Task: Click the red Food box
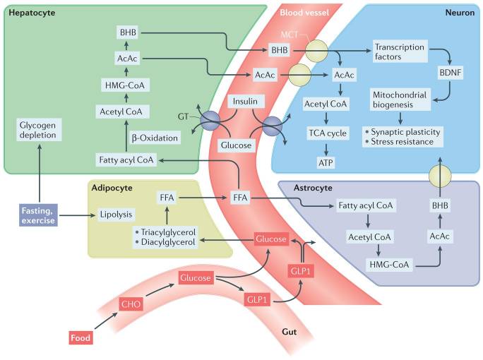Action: (x=80, y=337)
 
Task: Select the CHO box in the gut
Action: (x=131, y=304)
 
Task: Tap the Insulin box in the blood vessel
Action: (x=245, y=102)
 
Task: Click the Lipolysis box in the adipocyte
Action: (x=116, y=215)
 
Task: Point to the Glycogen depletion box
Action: (x=38, y=130)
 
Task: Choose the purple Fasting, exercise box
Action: (x=38, y=215)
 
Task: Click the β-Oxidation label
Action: (x=155, y=138)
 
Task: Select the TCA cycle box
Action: (x=328, y=133)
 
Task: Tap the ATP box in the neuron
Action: (x=326, y=162)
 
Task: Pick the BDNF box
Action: (x=451, y=73)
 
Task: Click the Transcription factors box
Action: (x=400, y=52)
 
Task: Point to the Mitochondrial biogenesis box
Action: (x=400, y=100)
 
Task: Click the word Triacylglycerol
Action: (x=168, y=232)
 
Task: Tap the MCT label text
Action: (x=290, y=35)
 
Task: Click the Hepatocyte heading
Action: (x=32, y=13)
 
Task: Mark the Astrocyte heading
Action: (x=313, y=188)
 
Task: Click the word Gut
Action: (x=290, y=332)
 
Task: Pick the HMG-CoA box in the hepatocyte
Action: (x=125, y=85)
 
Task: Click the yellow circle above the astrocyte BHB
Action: (x=440, y=176)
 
